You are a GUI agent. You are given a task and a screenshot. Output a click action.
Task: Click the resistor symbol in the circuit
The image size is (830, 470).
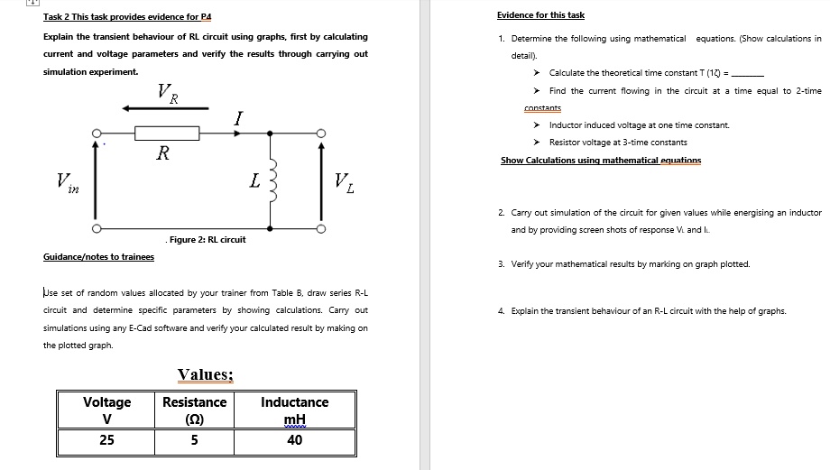pyautogui.click(x=167, y=134)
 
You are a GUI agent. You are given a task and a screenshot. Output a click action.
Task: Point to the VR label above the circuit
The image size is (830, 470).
pyautogui.click(x=167, y=91)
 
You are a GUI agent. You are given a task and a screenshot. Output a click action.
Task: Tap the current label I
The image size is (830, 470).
pyautogui.click(x=237, y=117)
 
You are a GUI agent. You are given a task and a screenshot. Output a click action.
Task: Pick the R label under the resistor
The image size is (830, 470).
pyautogui.click(x=162, y=153)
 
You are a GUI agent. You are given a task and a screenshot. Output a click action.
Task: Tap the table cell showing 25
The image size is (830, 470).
pyautogui.click(x=106, y=440)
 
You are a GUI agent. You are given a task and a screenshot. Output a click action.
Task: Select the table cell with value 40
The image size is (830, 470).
pyautogui.click(x=294, y=440)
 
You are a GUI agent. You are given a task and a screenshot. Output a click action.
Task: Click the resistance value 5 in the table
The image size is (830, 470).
pyautogui.click(x=194, y=440)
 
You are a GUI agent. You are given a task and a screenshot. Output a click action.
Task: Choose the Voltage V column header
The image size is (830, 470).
pyautogui.click(x=106, y=410)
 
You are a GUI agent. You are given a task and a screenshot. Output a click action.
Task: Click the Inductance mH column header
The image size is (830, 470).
pyautogui.click(x=294, y=410)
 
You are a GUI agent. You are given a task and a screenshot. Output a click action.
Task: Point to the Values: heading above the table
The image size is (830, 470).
pyautogui.click(x=206, y=374)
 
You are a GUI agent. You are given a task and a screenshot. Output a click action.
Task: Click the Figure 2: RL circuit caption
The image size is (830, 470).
pyautogui.click(x=207, y=239)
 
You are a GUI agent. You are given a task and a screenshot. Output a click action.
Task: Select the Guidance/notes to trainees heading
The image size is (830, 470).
pyautogui.click(x=98, y=257)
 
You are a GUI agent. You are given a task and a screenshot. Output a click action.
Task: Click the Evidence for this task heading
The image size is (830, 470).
pyautogui.click(x=540, y=15)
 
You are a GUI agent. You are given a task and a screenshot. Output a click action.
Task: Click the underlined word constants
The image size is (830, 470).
pyautogui.click(x=542, y=108)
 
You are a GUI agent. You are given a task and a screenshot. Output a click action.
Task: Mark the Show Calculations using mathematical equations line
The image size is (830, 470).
pyautogui.click(x=601, y=160)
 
